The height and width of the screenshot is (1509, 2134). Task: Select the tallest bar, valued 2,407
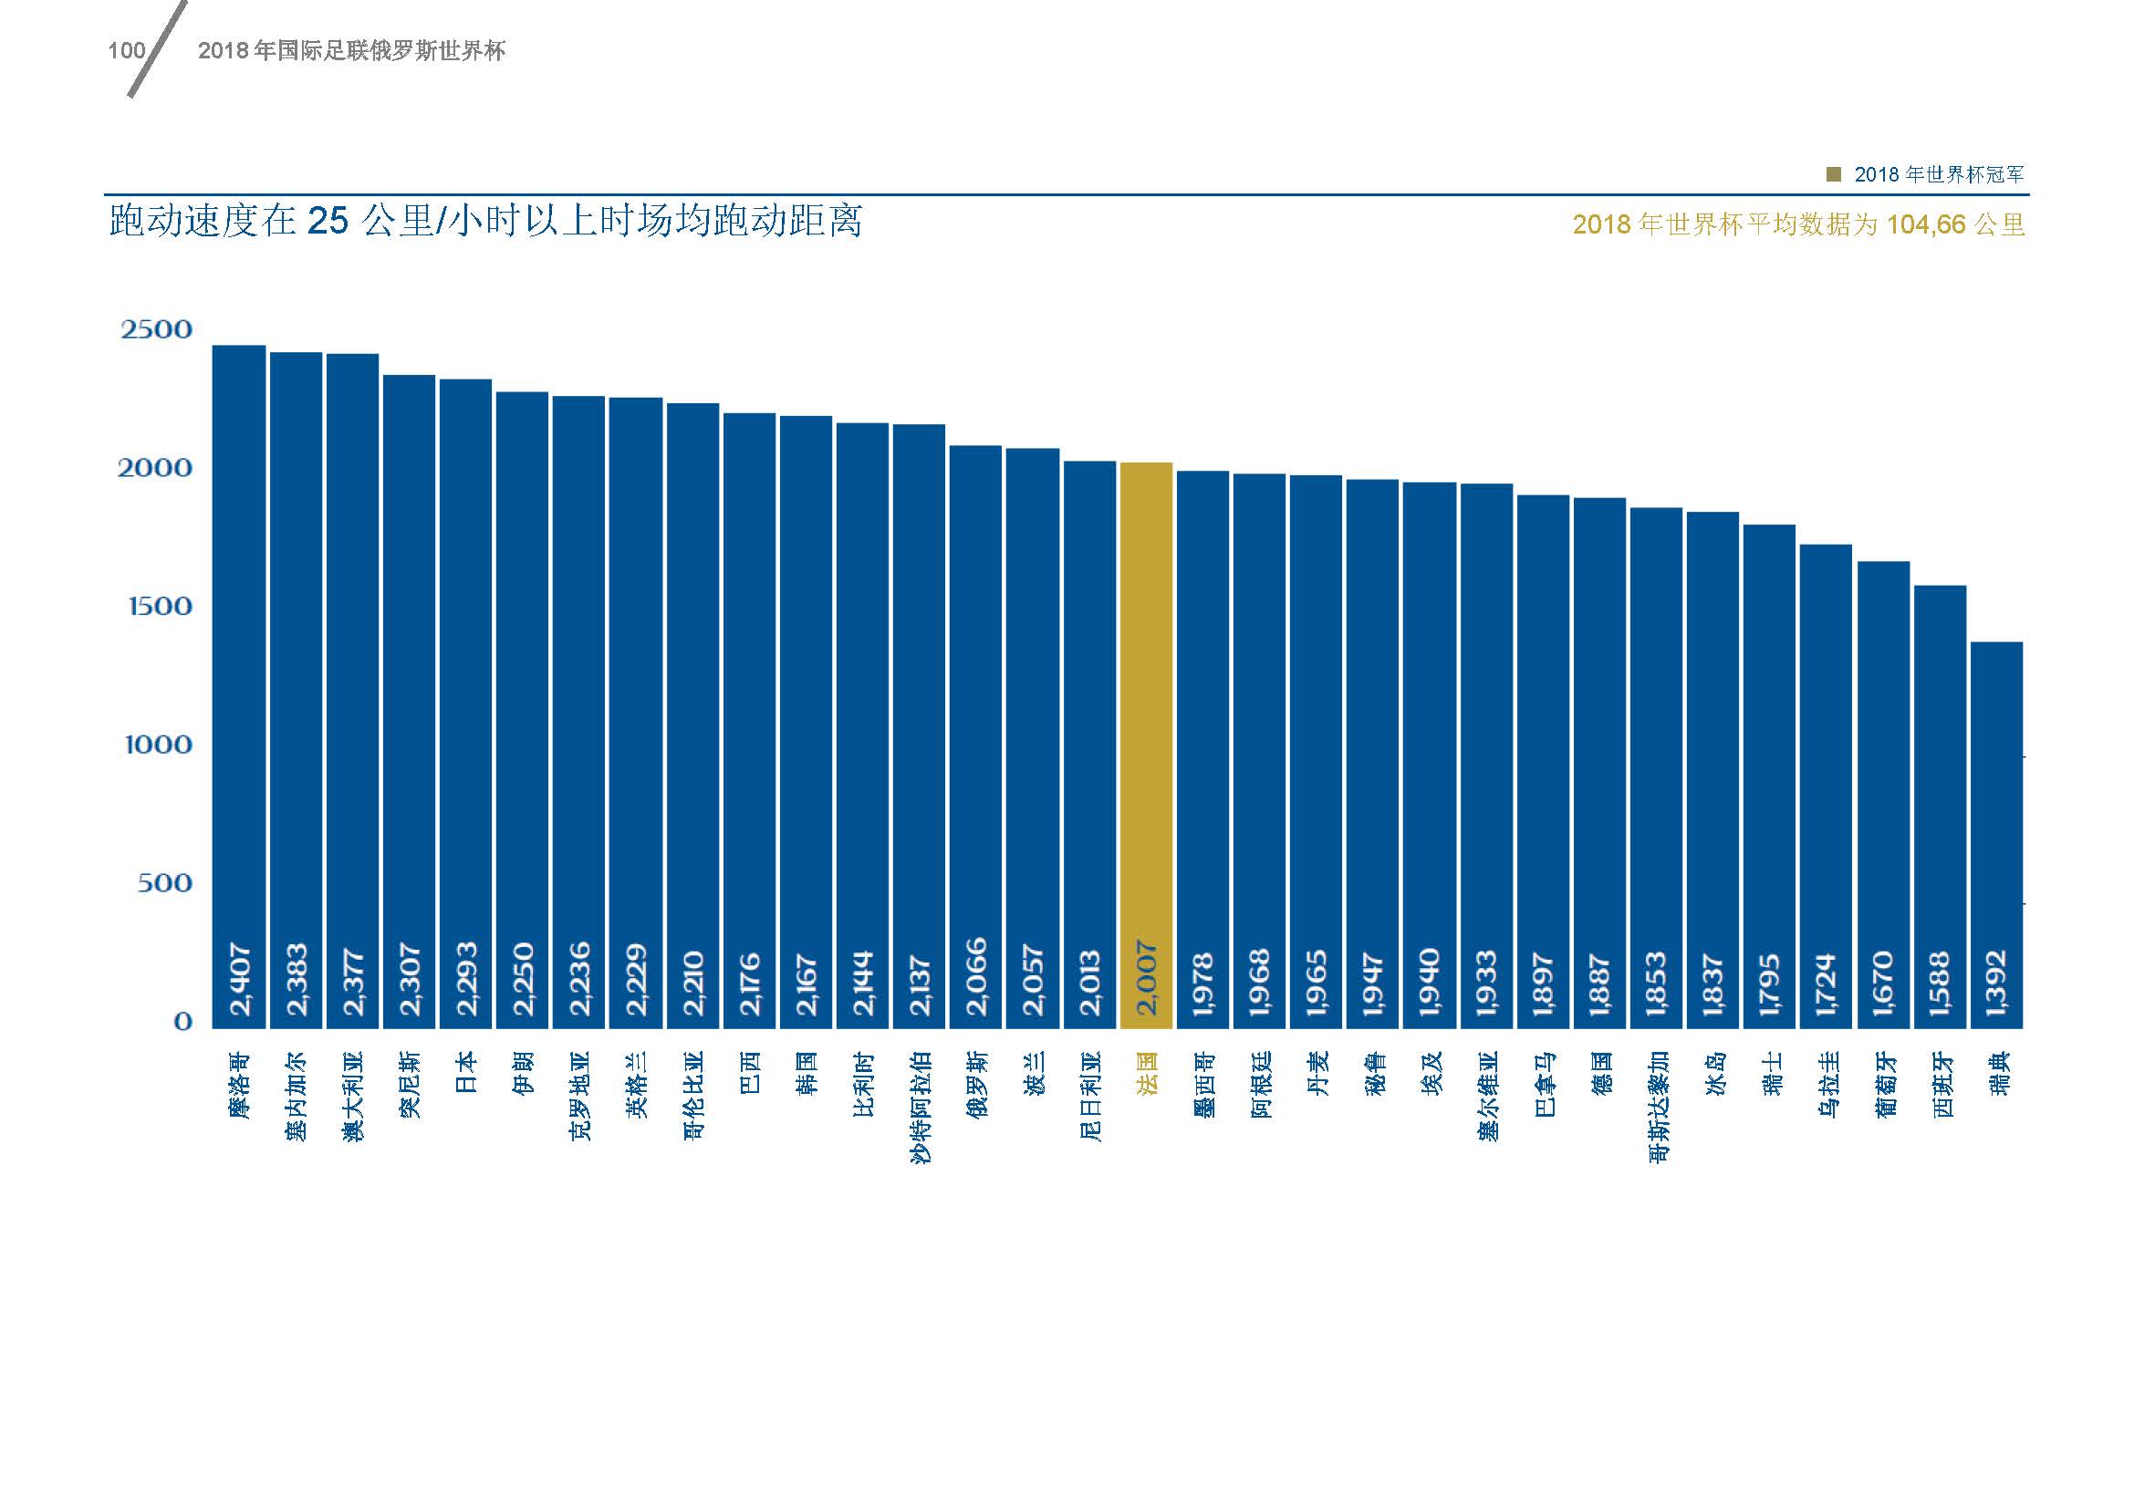(x=239, y=650)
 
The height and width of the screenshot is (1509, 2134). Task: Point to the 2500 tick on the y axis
(x=156, y=329)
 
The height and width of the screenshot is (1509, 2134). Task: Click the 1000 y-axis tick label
(x=158, y=744)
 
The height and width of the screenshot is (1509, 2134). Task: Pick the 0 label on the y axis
(x=183, y=1021)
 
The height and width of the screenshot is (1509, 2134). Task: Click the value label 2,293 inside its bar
(x=465, y=978)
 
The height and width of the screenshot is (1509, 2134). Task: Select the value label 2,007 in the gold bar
(x=1146, y=978)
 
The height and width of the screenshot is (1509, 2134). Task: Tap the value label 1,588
(x=1940, y=982)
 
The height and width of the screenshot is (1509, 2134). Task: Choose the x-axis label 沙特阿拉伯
(x=920, y=1107)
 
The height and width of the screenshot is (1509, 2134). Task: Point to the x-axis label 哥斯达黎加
(x=1656, y=1107)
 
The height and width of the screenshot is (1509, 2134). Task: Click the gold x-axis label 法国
(x=1146, y=1072)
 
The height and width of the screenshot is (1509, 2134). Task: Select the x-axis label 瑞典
(x=1996, y=1072)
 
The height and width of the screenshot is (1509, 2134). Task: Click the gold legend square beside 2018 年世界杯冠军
(x=1833, y=173)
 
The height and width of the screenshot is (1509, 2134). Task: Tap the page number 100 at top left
(x=127, y=50)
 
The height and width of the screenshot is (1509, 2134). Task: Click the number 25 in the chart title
(x=328, y=222)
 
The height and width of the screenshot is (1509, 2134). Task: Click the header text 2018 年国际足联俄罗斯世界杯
(x=351, y=50)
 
